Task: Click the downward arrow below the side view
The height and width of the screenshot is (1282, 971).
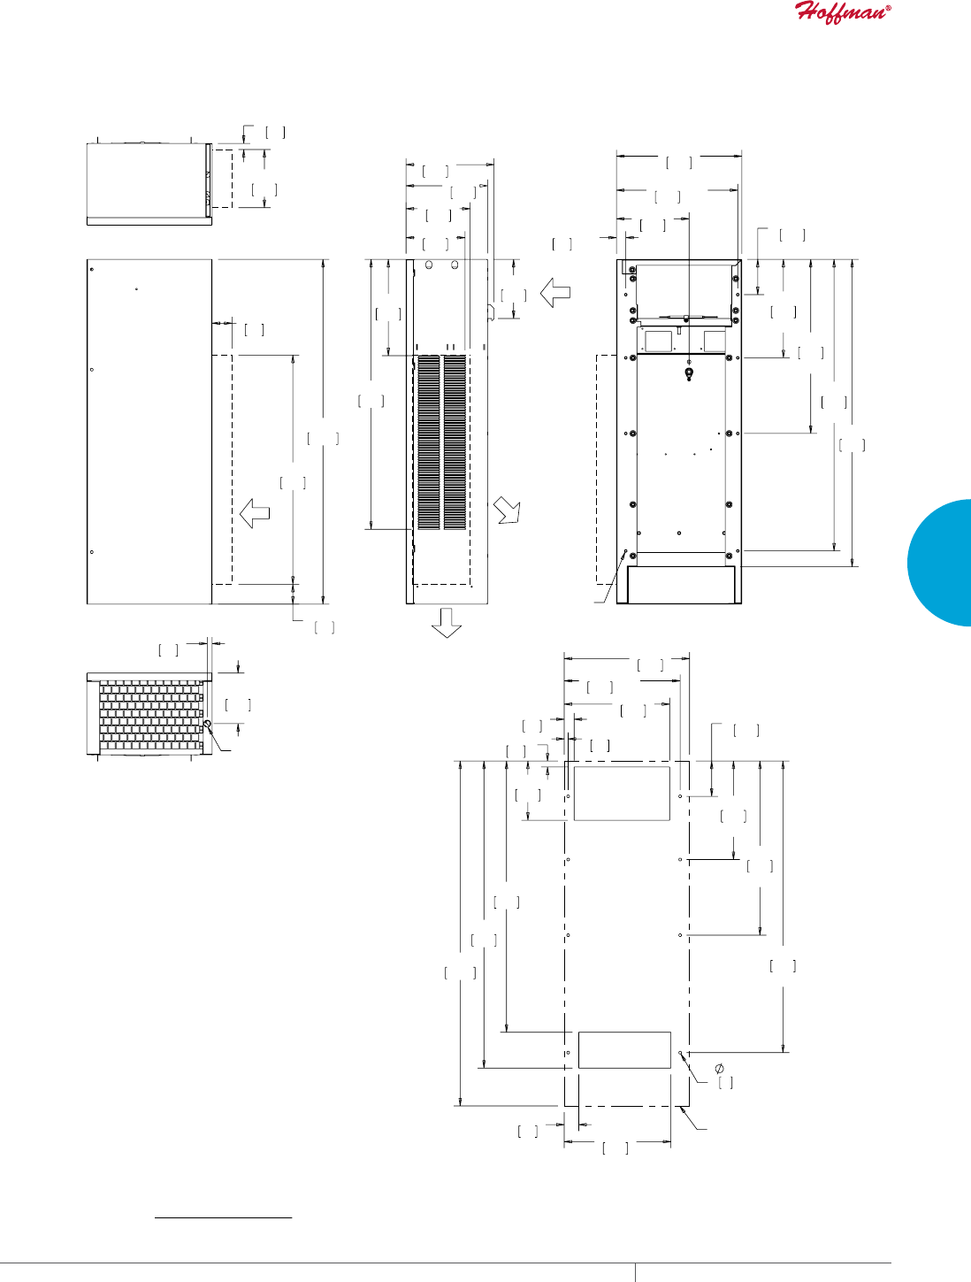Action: [x=447, y=622]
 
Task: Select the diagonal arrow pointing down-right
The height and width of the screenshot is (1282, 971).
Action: [x=508, y=510]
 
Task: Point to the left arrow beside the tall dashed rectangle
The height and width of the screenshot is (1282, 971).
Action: [x=255, y=512]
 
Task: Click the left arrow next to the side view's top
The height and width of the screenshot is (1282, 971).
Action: [x=555, y=293]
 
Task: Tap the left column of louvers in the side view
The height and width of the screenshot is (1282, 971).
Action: [x=429, y=442]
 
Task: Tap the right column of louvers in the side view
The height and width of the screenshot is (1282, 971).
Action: [x=455, y=442]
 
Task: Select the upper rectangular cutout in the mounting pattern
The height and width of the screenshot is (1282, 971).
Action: [x=622, y=794]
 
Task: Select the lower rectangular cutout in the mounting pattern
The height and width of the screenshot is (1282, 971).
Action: [x=623, y=1050]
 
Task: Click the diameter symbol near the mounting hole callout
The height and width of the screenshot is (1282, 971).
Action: [x=719, y=1068]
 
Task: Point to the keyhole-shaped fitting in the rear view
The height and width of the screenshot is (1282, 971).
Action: [x=689, y=374]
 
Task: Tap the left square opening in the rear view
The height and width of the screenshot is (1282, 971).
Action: [x=655, y=341]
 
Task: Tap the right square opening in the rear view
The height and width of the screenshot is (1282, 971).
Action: [x=715, y=341]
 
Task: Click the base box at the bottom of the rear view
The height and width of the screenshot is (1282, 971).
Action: [x=680, y=585]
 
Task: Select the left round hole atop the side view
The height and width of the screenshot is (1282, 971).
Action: [x=428, y=265]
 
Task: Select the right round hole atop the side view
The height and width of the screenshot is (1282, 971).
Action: [x=455, y=265]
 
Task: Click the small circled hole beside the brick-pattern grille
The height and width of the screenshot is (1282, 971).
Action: [x=207, y=725]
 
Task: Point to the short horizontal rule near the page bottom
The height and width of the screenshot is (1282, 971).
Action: [x=223, y=1218]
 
